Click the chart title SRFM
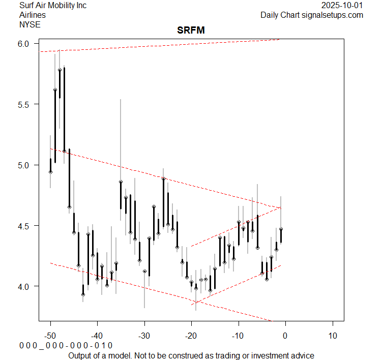pyautogui.click(x=191, y=31)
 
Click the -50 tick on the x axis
pyautogui.click(x=50, y=335)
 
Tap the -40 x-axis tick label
pyautogui.click(x=97, y=335)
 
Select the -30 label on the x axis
pyautogui.click(x=144, y=335)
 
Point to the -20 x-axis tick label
pyautogui.click(x=191, y=335)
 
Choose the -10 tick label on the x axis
pyautogui.click(x=238, y=335)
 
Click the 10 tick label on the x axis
pyautogui.click(x=332, y=335)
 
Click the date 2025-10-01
pyautogui.click(x=343, y=6)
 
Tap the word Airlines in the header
pyautogui.click(x=32, y=15)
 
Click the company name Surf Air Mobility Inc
pyautogui.click(x=53, y=6)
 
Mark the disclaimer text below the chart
pyautogui.click(x=191, y=355)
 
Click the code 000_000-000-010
pyautogui.click(x=66, y=346)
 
